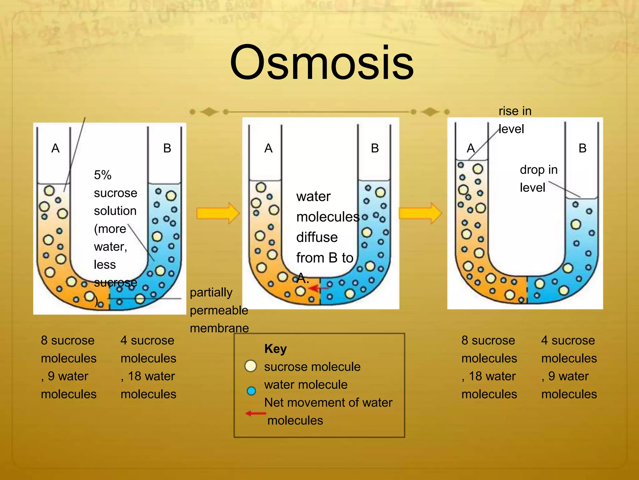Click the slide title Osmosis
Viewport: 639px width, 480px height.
[x=322, y=63]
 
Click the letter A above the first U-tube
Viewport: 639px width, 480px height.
[x=55, y=148]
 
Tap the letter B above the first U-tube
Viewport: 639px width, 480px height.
[x=167, y=148]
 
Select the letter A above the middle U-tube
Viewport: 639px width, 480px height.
[x=268, y=148]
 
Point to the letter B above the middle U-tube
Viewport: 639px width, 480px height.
[x=375, y=148]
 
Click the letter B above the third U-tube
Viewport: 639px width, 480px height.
[x=583, y=148]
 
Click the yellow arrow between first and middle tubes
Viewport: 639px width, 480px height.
[x=218, y=213]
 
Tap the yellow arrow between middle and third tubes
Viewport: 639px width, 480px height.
[x=420, y=213]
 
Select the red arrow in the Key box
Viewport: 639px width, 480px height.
[x=256, y=413]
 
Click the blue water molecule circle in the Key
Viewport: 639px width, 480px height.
[x=251, y=391]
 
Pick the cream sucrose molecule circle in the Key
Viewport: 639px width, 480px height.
[x=251, y=366]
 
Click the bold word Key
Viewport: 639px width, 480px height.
[x=275, y=348]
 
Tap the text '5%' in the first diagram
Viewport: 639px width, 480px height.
[x=103, y=175]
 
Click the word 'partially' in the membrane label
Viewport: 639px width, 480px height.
[x=211, y=292]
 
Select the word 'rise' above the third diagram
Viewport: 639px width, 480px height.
[x=507, y=111]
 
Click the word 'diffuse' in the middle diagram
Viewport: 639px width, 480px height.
[x=317, y=237]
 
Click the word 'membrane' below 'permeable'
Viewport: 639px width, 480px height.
[x=219, y=328]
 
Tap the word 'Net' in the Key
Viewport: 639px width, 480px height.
[x=274, y=402]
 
